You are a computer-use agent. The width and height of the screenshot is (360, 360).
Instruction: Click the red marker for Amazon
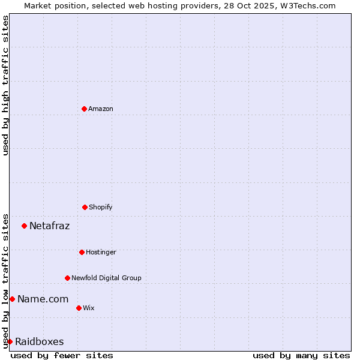pyautogui.click(x=84, y=109)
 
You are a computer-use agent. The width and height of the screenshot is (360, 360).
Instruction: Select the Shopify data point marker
pyautogui.click(x=85, y=207)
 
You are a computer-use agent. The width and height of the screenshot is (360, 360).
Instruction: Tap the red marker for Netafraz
pyautogui.click(x=24, y=226)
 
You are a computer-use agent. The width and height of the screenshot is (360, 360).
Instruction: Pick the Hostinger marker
pyautogui.click(x=82, y=252)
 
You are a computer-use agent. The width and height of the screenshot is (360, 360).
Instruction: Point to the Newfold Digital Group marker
pyautogui.click(x=67, y=278)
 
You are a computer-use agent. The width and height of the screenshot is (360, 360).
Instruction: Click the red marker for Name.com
pyautogui.click(x=12, y=299)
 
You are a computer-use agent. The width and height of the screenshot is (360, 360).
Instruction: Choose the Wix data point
pyautogui.click(x=79, y=308)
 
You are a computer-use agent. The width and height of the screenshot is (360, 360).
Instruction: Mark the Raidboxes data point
pyautogui.click(x=10, y=341)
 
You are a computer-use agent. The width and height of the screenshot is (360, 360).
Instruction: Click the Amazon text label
pyautogui.click(x=101, y=109)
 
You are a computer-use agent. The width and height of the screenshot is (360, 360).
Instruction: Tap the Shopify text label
pyautogui.click(x=101, y=207)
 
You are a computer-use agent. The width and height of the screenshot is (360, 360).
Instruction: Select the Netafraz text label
pyautogui.click(x=50, y=226)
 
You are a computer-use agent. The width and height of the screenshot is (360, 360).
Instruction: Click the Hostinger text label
pyautogui.click(x=101, y=252)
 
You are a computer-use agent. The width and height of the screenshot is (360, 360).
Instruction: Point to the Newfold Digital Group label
pyautogui.click(x=107, y=278)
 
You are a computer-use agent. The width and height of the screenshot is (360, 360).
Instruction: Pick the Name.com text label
pyautogui.click(x=43, y=299)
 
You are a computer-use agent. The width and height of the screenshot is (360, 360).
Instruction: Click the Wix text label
pyautogui.click(x=89, y=308)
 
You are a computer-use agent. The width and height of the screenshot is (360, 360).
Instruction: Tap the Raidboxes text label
pyautogui.click(x=40, y=341)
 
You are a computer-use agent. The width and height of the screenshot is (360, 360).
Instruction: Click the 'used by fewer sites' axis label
pyautogui.click(x=62, y=355)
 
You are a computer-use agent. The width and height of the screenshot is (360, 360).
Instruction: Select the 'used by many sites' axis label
pyautogui.click(x=301, y=355)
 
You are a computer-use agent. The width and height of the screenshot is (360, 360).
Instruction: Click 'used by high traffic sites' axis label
pyautogui.click(x=5, y=85)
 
